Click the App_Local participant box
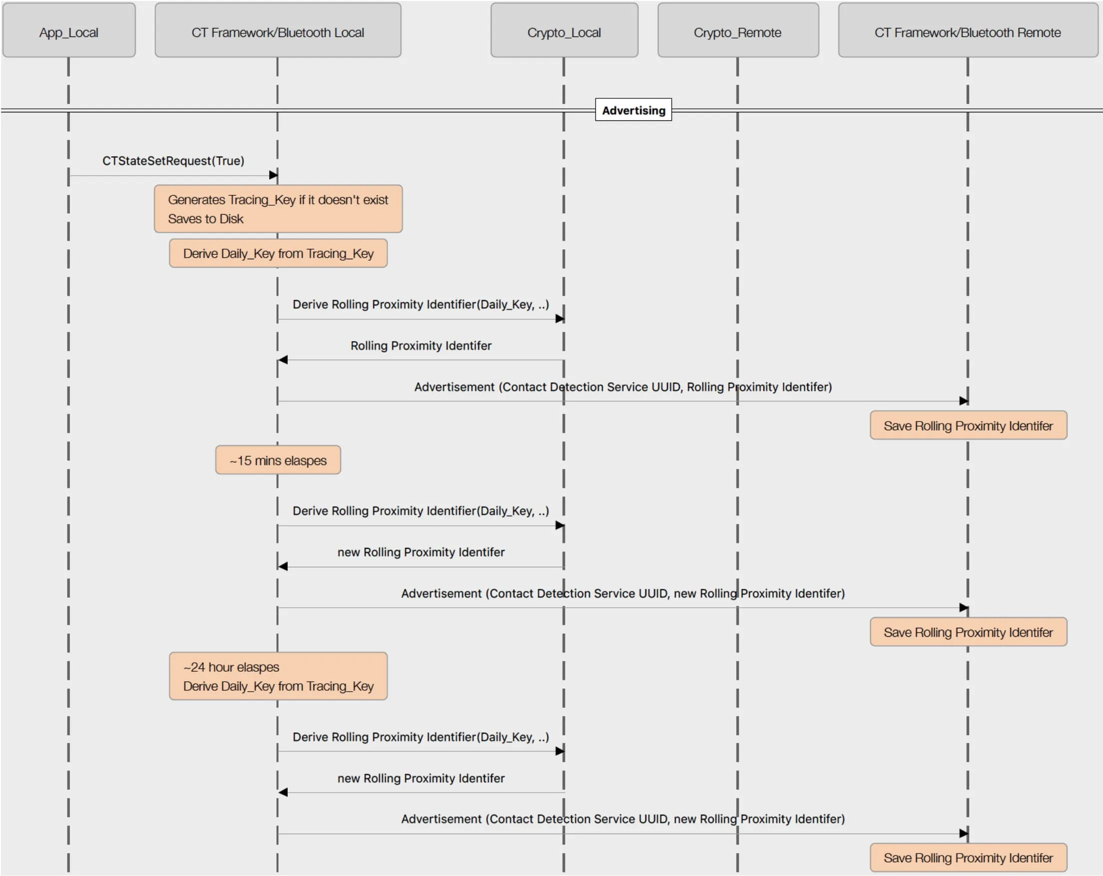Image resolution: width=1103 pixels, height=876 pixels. pyautogui.click(x=68, y=30)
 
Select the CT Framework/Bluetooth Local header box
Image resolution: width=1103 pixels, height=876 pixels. pyautogui.click(x=278, y=30)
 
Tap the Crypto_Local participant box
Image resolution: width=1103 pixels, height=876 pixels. pyautogui.click(x=564, y=30)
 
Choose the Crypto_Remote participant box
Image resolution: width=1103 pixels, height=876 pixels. pyautogui.click(x=737, y=30)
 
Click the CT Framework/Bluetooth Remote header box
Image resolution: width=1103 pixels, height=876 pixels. pyautogui.click(x=968, y=30)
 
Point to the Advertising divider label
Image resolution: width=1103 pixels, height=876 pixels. pyautogui.click(x=633, y=110)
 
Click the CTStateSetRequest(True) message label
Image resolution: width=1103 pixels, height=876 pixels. pyautogui.click(x=173, y=161)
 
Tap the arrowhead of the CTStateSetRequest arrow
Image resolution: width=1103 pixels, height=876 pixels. pyautogui.click(x=274, y=175)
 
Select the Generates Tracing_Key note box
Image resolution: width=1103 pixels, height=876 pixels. pyautogui.click(x=278, y=209)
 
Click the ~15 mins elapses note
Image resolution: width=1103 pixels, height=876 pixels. pyautogui.click(x=278, y=460)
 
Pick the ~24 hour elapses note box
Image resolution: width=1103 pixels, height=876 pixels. pyautogui.click(x=278, y=676)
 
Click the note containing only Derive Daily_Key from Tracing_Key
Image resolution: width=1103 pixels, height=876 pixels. pyautogui.click(x=278, y=254)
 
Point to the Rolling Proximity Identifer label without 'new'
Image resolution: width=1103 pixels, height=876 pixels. pyautogui.click(x=421, y=346)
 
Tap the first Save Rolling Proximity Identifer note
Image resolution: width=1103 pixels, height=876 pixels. pyautogui.click(x=968, y=426)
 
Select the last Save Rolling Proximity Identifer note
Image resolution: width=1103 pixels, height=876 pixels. pyautogui.click(x=968, y=858)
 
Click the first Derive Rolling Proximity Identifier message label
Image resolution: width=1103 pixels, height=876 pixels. pyautogui.click(x=421, y=304)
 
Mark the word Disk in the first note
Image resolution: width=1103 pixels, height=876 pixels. pyautogui.click(x=231, y=219)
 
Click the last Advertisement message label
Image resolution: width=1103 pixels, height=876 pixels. pyautogui.click(x=622, y=819)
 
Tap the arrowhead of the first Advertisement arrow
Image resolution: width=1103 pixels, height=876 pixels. pyautogui.click(x=964, y=401)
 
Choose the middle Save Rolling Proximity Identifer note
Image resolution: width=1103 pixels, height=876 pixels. pyautogui.click(x=968, y=632)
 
